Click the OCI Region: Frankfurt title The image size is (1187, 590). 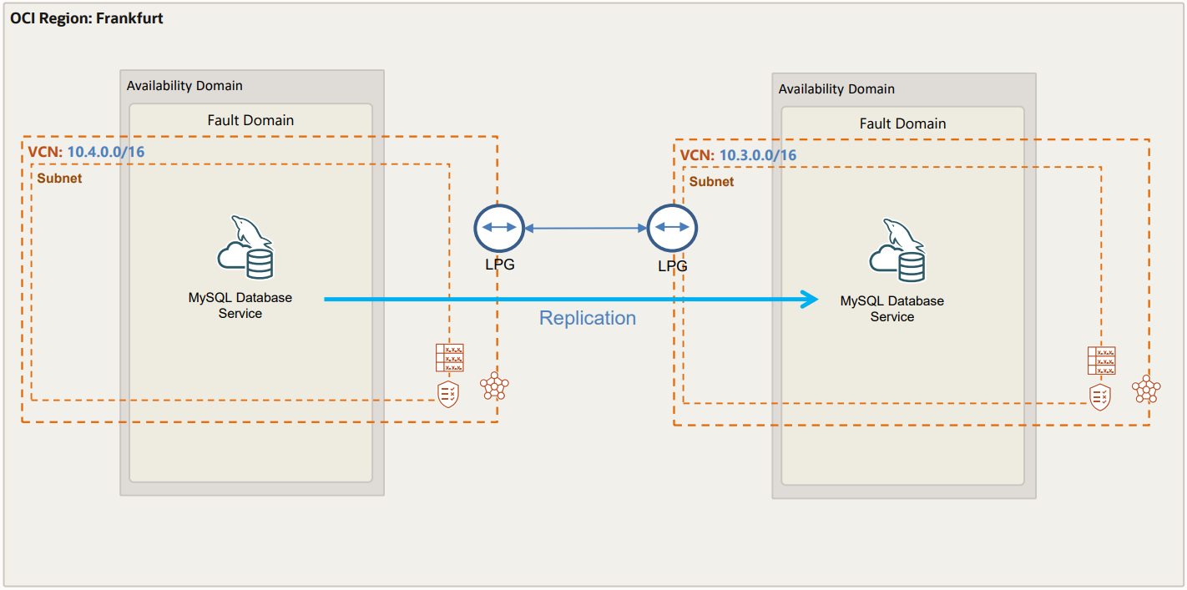click(87, 18)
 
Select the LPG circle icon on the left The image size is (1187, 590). click(498, 228)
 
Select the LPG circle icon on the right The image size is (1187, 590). click(673, 228)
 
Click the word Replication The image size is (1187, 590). click(588, 318)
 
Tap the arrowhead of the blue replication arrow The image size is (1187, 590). click(810, 299)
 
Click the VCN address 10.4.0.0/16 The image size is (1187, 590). click(106, 152)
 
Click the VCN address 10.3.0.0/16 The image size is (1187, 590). click(758, 155)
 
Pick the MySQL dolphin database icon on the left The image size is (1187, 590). click(246, 247)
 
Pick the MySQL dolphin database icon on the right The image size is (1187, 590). click(898, 250)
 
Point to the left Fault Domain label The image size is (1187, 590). click(250, 120)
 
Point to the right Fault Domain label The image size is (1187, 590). click(902, 124)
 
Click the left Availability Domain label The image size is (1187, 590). click(184, 86)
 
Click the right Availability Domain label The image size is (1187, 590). click(836, 89)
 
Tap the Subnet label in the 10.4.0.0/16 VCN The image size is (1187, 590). click(59, 178)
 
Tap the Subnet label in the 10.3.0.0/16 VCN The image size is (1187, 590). click(711, 181)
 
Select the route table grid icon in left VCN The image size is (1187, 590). click(449, 357)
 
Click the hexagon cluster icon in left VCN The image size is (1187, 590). click(494, 386)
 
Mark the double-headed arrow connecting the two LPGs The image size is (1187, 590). click(586, 228)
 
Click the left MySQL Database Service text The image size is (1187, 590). click(240, 305)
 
